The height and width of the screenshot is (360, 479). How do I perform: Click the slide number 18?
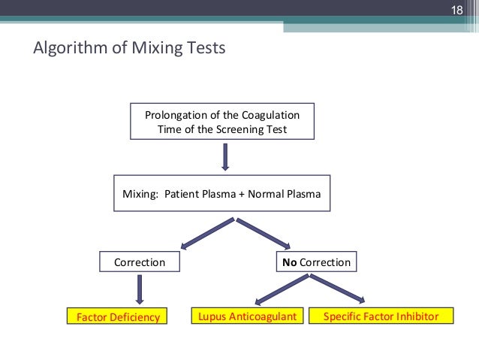click(x=456, y=11)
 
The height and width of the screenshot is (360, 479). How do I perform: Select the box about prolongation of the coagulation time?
click(x=221, y=122)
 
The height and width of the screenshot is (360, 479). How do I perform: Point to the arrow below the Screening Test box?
click(x=224, y=157)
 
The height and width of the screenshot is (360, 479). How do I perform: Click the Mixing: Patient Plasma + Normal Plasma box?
click(x=221, y=193)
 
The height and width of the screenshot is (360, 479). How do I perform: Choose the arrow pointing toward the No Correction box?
click(x=264, y=233)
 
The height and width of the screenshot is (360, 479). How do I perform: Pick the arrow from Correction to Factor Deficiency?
click(x=139, y=289)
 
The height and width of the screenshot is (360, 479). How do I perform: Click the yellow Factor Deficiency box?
click(x=119, y=316)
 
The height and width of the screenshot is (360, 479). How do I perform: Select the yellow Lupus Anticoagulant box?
click(x=247, y=316)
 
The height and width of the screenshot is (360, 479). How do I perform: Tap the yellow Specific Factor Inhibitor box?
click(x=381, y=316)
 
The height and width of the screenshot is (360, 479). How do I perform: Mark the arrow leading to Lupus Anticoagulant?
click(x=282, y=290)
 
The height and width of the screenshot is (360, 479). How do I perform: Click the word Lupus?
click(x=212, y=316)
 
